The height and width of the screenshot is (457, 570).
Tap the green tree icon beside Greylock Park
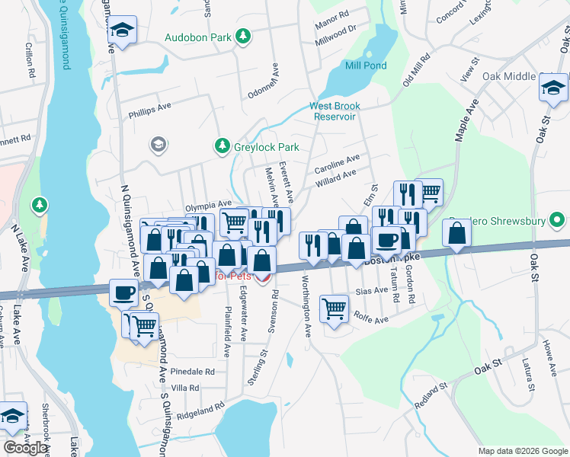pyautogui.click(x=222, y=145)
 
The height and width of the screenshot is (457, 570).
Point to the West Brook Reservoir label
pyautogui.click(x=335, y=111)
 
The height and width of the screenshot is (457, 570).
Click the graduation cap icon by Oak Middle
pyautogui.click(x=554, y=88)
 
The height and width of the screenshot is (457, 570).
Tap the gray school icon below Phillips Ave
pyautogui.click(x=159, y=145)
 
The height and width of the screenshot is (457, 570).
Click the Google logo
pyautogui.click(x=27, y=448)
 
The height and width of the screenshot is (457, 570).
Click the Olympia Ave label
pyautogui.click(x=208, y=204)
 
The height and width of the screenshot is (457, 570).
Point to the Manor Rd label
pyautogui.click(x=331, y=14)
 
